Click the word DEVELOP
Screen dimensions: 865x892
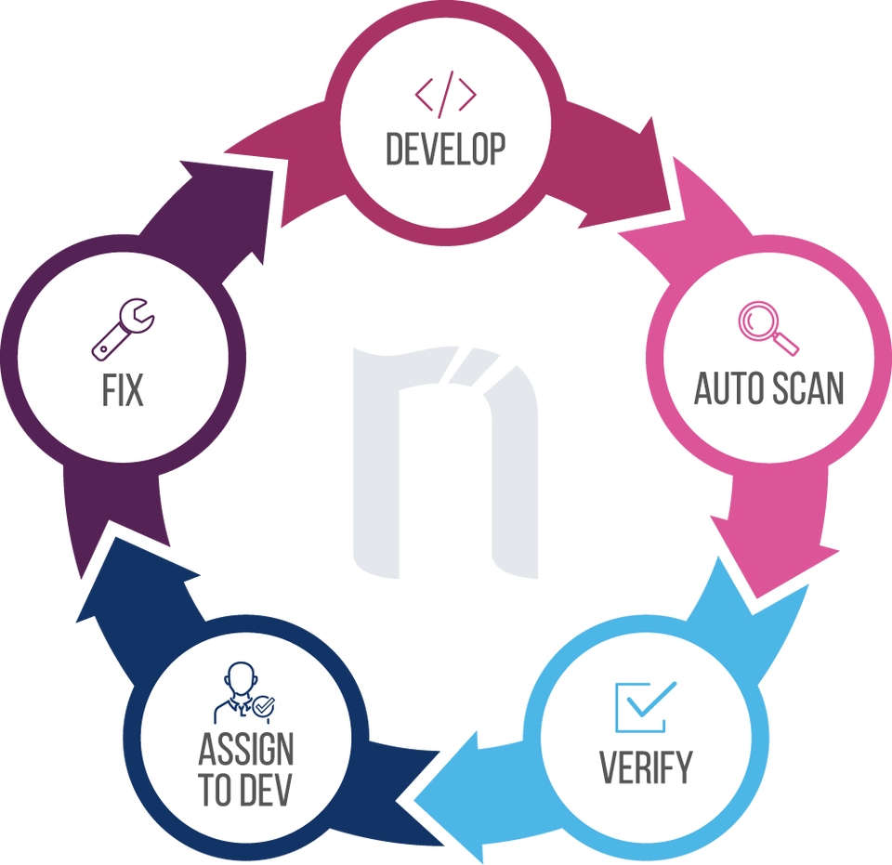446,150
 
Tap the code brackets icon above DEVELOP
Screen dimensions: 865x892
446,94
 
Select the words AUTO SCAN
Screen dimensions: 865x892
768,388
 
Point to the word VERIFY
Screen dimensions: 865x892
646,768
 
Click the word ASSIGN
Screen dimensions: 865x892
246,749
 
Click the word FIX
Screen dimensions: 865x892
123,390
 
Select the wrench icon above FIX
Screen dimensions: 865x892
124,330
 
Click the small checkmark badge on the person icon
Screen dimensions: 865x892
264,708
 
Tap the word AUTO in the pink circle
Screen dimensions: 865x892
727,388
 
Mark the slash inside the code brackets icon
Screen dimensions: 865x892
446,94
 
